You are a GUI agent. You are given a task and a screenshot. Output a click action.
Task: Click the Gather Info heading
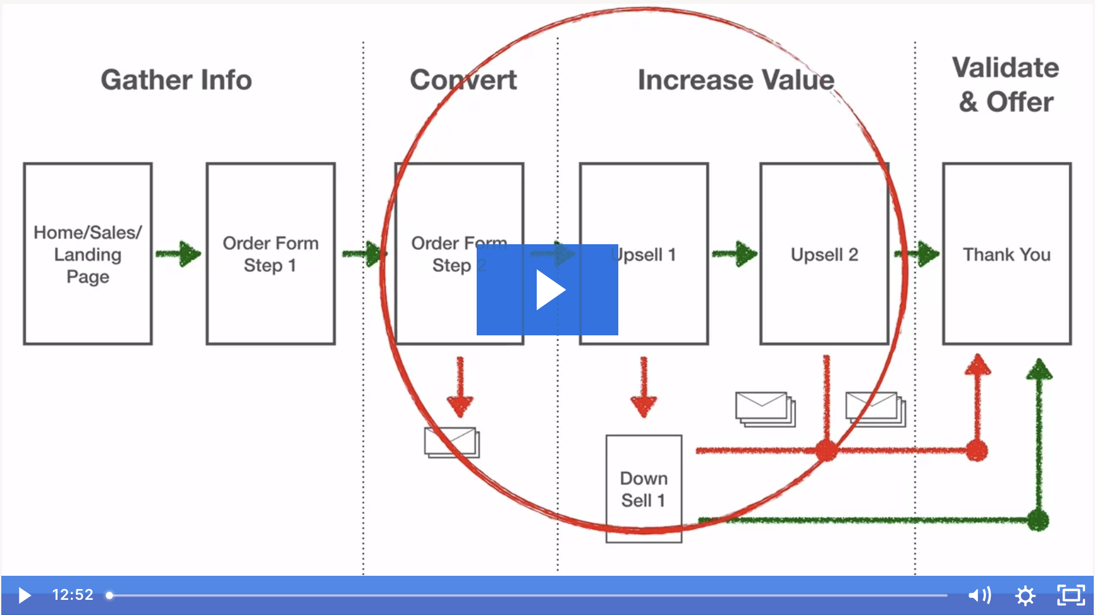point(176,80)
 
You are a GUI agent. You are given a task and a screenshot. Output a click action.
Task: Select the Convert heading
point(463,80)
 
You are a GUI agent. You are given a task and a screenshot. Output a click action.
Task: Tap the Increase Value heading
point(736,80)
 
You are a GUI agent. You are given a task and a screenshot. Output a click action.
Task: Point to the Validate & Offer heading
point(1006,85)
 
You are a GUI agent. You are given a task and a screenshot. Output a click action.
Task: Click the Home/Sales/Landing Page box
point(88,254)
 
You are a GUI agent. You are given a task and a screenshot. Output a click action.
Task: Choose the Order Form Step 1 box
point(271,254)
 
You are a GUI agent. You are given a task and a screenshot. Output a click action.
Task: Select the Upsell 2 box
point(824,254)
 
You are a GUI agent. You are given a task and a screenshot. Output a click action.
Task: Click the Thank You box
point(1006,254)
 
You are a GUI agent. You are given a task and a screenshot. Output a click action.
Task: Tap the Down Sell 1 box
point(644,488)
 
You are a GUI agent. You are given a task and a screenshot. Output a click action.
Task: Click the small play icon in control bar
point(25,595)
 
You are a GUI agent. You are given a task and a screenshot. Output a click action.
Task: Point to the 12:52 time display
point(73,595)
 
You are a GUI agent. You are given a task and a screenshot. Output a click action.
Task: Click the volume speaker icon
point(979,595)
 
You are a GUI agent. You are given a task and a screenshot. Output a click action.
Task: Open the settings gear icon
point(1025,595)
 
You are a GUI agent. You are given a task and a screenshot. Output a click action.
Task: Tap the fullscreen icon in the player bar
point(1071,595)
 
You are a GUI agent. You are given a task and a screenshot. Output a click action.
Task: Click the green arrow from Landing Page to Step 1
point(179,254)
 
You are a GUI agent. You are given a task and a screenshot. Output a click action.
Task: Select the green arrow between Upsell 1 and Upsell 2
point(735,254)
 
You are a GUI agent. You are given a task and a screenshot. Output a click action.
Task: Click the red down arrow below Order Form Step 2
point(460,387)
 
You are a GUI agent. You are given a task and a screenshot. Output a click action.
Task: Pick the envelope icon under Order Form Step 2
point(452,442)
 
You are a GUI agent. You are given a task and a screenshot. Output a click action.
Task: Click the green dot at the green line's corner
point(1038,521)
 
